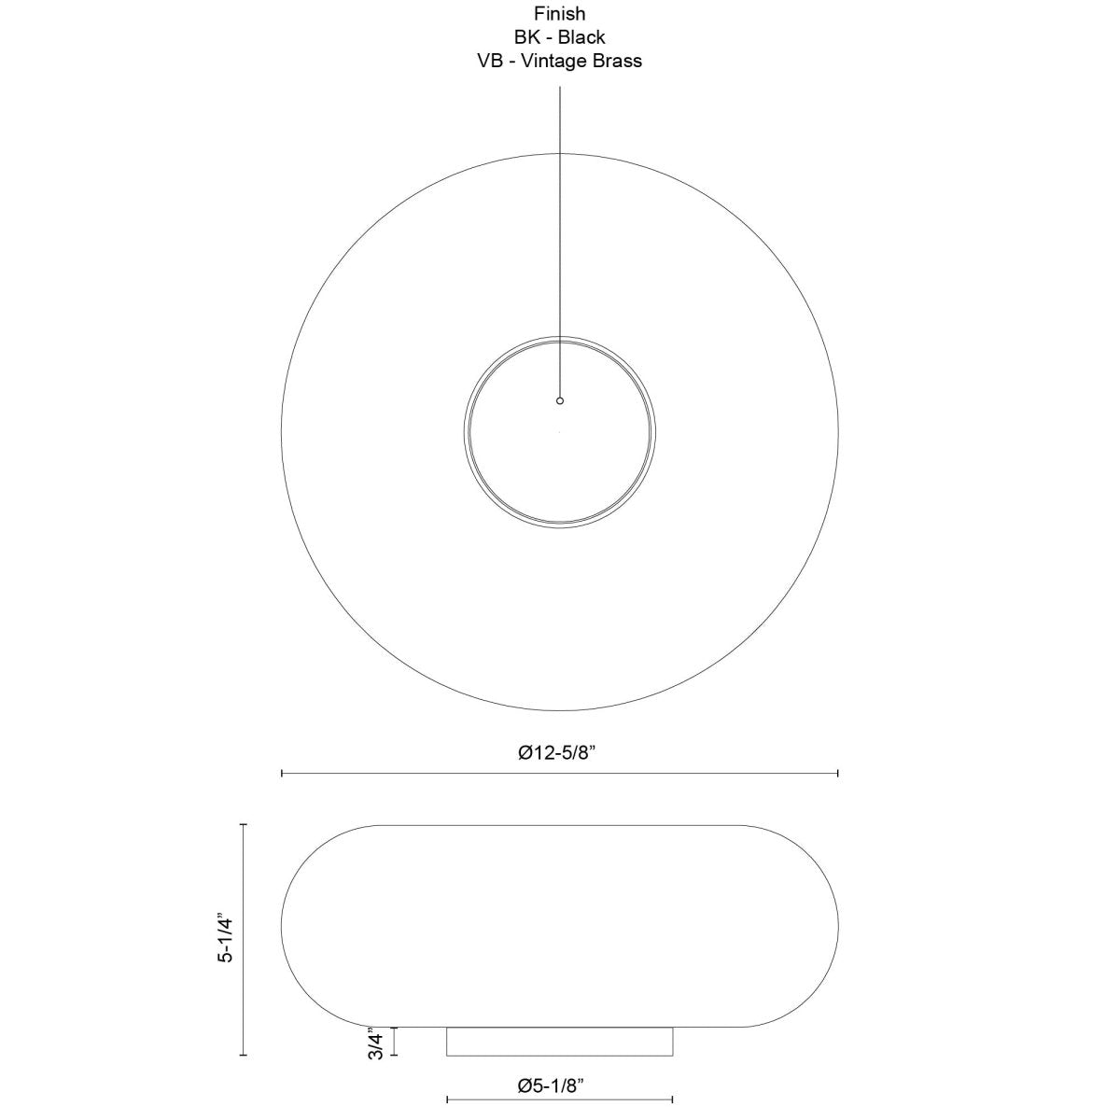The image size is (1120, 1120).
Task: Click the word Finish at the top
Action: [x=560, y=14]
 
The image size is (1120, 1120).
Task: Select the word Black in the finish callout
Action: [x=581, y=37]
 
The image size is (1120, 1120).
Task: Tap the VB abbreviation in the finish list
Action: [x=491, y=61]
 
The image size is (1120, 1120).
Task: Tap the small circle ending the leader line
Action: [x=560, y=400]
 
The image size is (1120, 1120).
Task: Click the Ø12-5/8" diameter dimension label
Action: [x=558, y=752]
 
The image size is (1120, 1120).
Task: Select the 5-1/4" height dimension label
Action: [x=223, y=938]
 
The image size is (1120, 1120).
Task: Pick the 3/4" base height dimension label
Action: [x=375, y=1043]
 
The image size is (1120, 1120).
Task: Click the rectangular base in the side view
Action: [x=560, y=1042]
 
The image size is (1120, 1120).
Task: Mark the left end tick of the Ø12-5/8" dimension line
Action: [x=282, y=773]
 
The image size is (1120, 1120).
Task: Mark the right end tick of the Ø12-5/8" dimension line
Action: [x=838, y=773]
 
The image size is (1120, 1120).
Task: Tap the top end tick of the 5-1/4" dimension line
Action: [x=244, y=825]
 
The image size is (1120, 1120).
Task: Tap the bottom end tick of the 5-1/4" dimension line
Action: [x=244, y=1055]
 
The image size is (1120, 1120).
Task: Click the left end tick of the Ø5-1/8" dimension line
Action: [x=448, y=1099]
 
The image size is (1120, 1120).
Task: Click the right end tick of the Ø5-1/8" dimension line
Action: [x=672, y=1099]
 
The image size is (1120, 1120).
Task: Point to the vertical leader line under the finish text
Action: [x=560, y=233]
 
